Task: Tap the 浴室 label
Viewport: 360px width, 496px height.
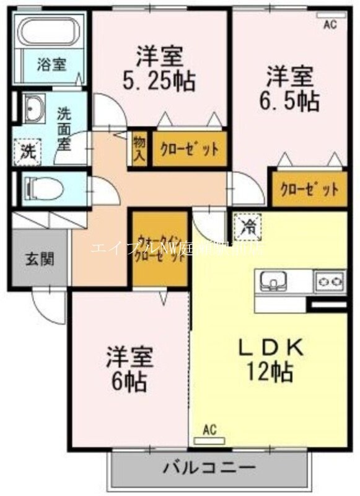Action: tap(51, 64)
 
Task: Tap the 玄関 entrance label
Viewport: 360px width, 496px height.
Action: tap(39, 259)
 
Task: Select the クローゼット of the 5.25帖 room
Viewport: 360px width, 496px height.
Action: tap(189, 149)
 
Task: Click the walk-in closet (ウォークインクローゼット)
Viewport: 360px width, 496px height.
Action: tap(160, 248)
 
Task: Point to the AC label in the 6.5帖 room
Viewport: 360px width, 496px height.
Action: tap(330, 24)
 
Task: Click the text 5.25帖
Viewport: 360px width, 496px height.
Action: tap(159, 79)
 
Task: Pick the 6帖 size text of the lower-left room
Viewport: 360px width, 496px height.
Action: tap(129, 381)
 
